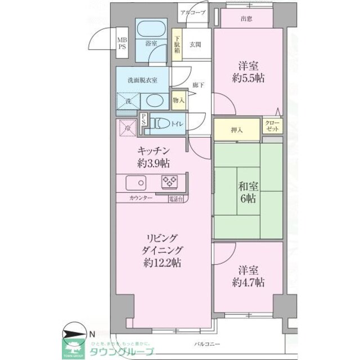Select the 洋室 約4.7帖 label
coord(248,276)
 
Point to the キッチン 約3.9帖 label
coord(154,158)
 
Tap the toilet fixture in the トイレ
coord(159,122)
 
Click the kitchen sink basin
coord(135,183)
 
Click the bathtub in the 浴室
coord(150,29)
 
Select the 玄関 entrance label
coord(195,44)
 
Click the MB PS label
coord(121,43)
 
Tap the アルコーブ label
coord(193,12)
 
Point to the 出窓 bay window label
coord(246,19)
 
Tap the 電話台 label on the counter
coord(175,199)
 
